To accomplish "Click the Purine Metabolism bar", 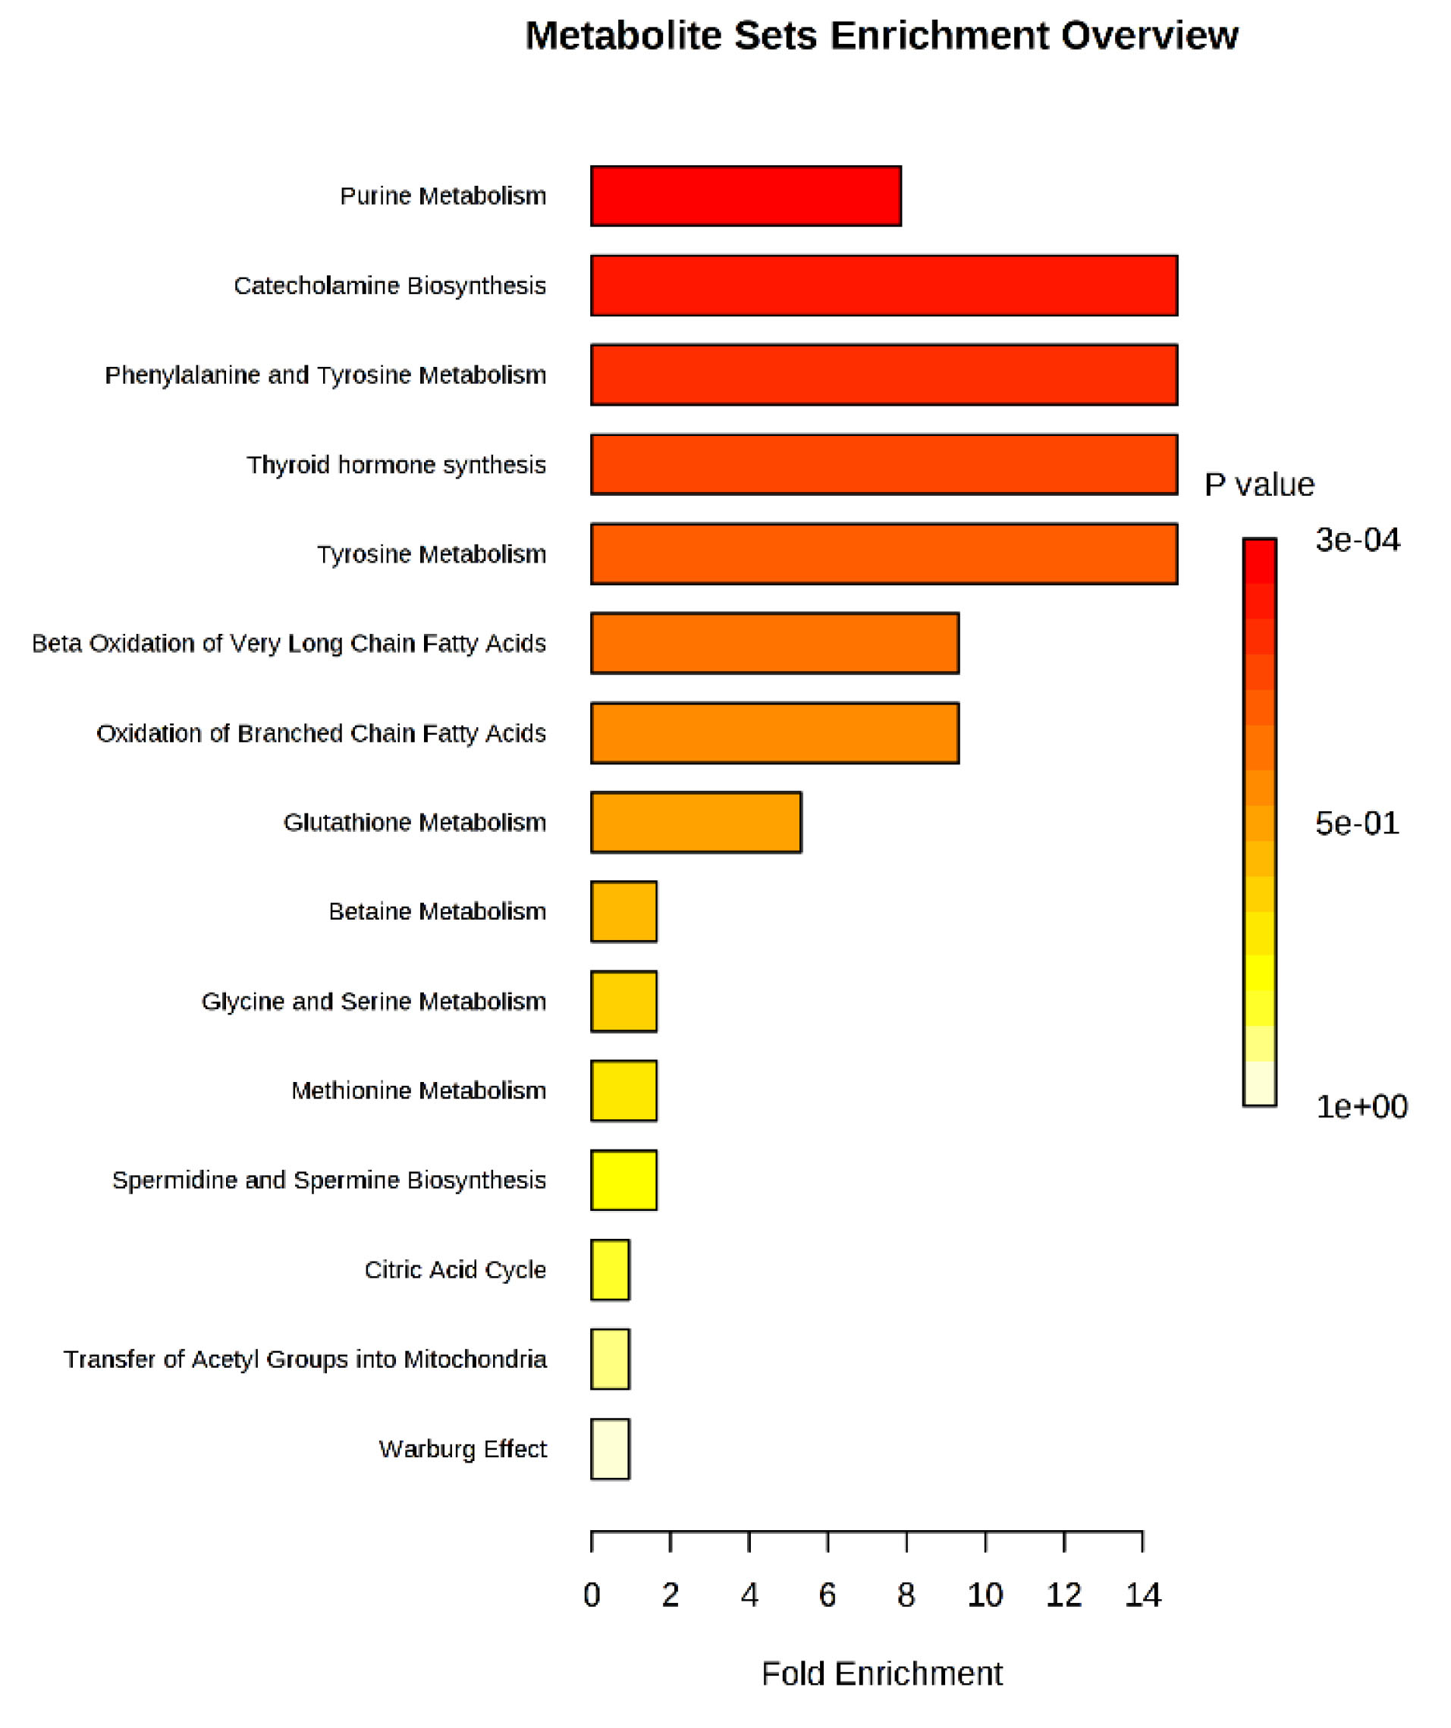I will point(746,196).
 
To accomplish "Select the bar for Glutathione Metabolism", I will point(696,822).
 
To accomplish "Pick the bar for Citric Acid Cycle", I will point(610,1270).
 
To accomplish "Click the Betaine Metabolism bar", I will point(623,911).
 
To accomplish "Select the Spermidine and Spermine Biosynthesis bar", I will point(623,1180).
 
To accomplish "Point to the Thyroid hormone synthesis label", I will point(396,465).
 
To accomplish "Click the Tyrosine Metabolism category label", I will point(432,554).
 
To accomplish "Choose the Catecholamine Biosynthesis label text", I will point(389,286).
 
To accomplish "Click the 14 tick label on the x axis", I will point(1142,1595).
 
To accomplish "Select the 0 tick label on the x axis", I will point(592,1595).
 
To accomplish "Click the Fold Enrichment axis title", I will point(881,1673).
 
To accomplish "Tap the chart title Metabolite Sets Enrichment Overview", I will point(881,36).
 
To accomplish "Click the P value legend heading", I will point(1259,485).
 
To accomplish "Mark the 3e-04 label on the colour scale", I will point(1357,540).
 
